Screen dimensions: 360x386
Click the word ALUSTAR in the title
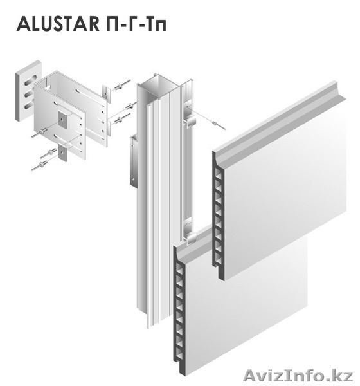point(58,24)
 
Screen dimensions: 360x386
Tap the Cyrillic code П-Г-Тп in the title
point(137,24)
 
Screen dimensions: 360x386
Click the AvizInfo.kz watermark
point(298,376)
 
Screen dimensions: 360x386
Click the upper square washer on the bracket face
point(62,120)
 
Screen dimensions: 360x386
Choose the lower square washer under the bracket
point(63,153)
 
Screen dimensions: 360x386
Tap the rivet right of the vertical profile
point(217,124)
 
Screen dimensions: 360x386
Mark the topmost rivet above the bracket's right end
point(122,85)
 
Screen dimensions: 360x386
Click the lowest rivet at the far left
point(39,165)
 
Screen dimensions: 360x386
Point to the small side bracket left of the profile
point(133,161)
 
